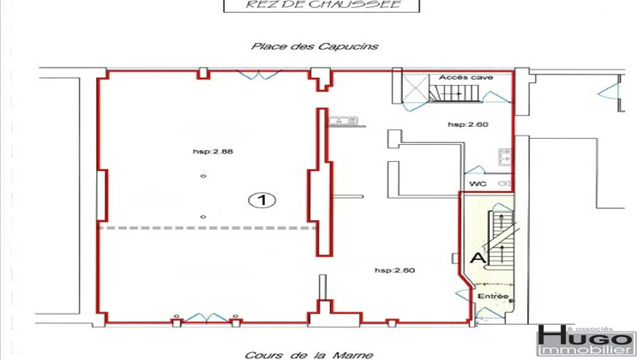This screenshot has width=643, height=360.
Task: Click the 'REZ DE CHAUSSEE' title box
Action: [321, 5]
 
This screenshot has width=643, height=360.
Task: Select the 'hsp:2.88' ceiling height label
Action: [213, 152]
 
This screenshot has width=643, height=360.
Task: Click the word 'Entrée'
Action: [493, 297]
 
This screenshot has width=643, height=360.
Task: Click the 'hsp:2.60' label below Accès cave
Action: [468, 124]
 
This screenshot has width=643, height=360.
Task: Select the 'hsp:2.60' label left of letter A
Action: [394, 271]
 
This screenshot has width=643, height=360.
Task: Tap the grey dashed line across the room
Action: [206, 228]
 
